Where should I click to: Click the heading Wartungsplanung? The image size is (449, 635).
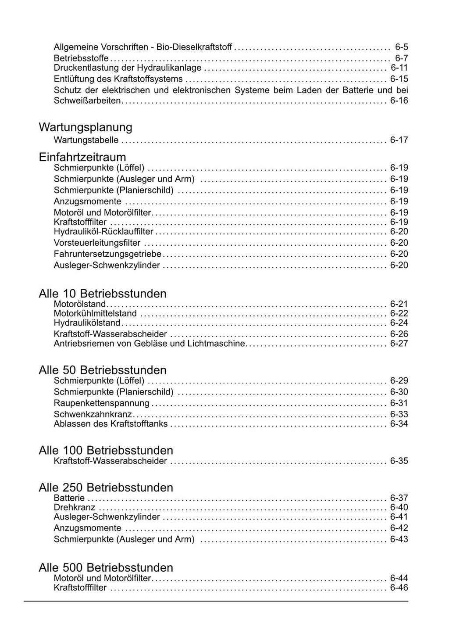click(86, 127)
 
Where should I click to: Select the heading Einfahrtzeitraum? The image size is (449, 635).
click(82, 157)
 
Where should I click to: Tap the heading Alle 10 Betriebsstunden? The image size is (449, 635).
click(103, 294)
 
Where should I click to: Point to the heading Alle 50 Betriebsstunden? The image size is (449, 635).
click(103, 370)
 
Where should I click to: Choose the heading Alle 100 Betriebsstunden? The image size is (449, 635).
click(106, 450)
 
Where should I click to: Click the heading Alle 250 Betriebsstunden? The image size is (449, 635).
click(106, 488)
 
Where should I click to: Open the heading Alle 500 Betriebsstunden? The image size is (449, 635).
click(106, 567)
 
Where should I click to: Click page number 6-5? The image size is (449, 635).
click(401, 47)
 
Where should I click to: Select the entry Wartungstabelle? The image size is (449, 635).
click(86, 140)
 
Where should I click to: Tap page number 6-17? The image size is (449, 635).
click(399, 140)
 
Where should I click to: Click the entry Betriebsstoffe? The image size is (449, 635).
click(81, 58)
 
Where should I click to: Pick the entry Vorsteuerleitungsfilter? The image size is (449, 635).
click(97, 243)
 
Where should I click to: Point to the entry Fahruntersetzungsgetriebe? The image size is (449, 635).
click(107, 254)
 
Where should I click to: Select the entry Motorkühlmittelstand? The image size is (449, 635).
click(95, 313)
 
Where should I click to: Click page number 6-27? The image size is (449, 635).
click(399, 344)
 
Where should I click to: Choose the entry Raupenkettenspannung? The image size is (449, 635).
click(101, 403)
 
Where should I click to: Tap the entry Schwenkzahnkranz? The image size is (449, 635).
click(93, 414)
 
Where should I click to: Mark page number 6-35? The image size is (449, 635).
click(399, 461)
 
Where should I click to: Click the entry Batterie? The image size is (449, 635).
click(69, 498)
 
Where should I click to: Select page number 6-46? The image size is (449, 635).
click(399, 588)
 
